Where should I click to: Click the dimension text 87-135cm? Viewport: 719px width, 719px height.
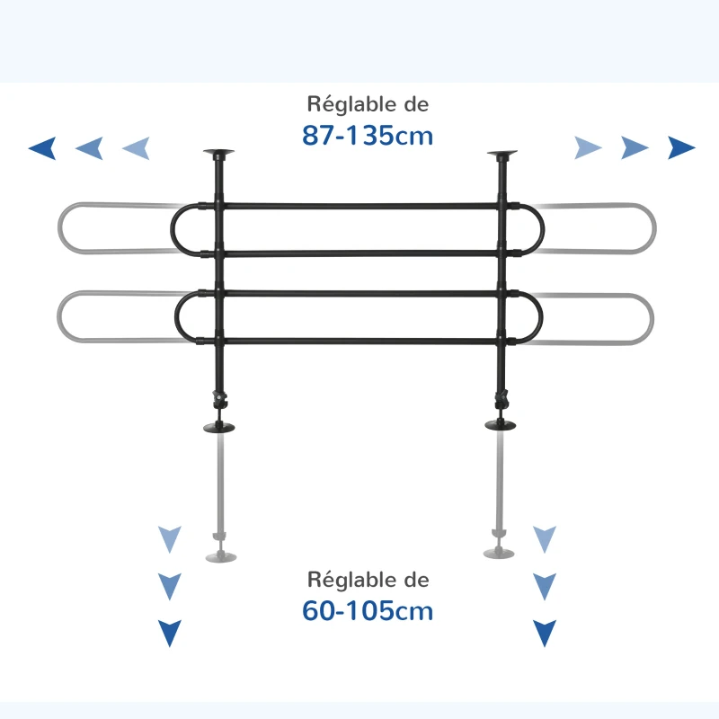[x=368, y=136]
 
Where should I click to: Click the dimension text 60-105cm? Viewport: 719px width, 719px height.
[x=368, y=611]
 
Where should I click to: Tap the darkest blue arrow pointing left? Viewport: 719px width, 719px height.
[x=42, y=148]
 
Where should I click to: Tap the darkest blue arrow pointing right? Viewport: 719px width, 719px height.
[x=681, y=148]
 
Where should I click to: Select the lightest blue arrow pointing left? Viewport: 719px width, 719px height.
[x=136, y=148]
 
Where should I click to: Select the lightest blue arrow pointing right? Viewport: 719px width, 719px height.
[x=588, y=148]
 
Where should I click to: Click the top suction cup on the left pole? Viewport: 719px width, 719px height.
[x=218, y=155]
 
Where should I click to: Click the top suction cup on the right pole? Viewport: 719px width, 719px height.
[x=502, y=155]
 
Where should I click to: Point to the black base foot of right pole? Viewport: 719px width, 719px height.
[x=502, y=425]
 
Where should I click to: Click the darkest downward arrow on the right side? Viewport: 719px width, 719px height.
[x=544, y=634]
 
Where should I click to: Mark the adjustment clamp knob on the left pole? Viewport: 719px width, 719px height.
[x=217, y=396]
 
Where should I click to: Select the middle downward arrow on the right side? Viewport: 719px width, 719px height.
[x=544, y=587]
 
